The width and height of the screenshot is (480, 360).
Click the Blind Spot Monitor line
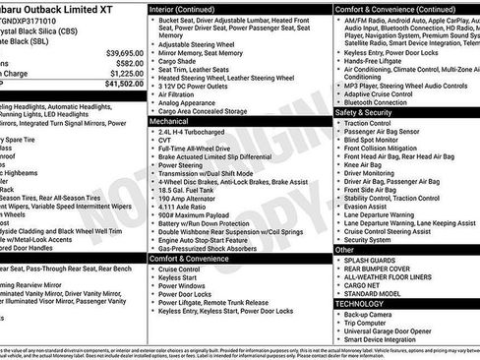tap(379, 140)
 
